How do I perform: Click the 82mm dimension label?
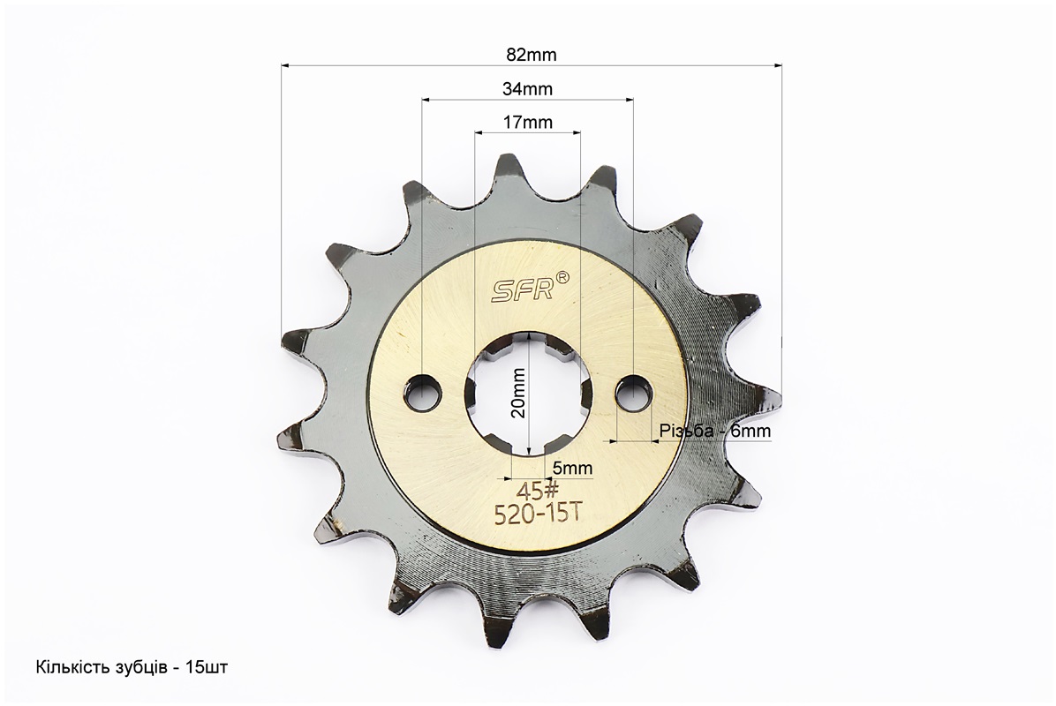[x=532, y=56]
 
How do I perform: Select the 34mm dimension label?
[x=527, y=89]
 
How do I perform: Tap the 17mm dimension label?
[x=527, y=123]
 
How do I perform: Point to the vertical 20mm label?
[x=518, y=393]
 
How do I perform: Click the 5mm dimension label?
[x=572, y=467]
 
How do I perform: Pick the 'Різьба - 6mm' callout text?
[x=714, y=431]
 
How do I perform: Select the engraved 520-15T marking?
[x=538, y=514]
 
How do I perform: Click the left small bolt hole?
[x=423, y=391]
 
